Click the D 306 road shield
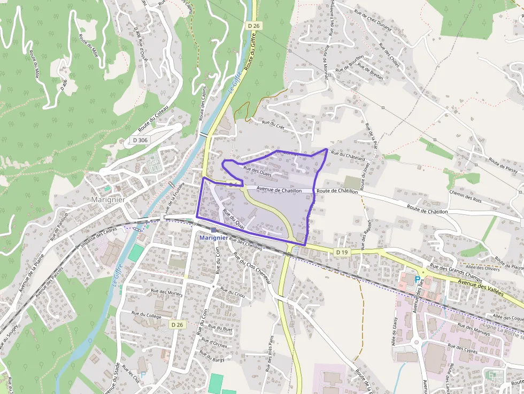coord(140,141)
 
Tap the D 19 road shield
coord(342,251)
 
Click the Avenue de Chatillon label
coord(279,189)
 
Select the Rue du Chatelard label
coord(348,156)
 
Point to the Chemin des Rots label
coord(466,196)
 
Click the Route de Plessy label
coord(503,165)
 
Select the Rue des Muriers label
coord(166,292)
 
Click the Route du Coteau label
coord(153,119)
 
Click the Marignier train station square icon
coord(213,230)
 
